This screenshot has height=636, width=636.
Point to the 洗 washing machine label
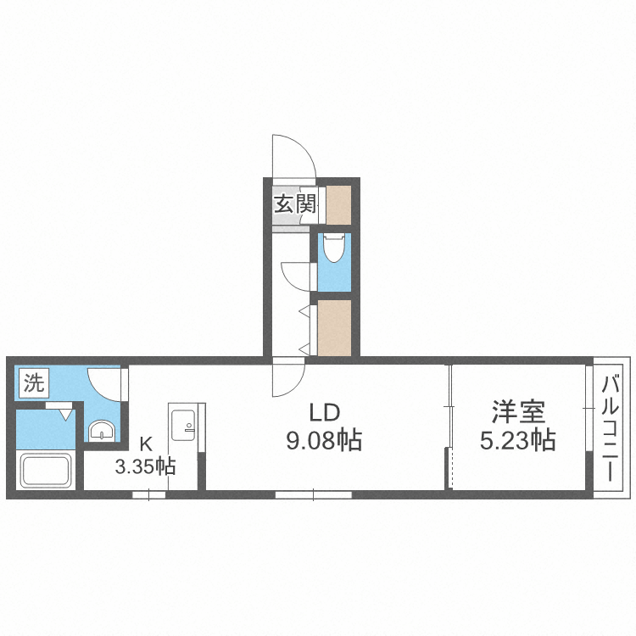[x=32, y=383]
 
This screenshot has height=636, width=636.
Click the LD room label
[x=324, y=414]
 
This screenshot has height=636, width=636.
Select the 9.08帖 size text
[x=324, y=440]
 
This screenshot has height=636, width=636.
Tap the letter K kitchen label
[x=146, y=442]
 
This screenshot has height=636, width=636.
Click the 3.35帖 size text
[x=146, y=466]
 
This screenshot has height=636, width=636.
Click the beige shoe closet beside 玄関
[x=338, y=204]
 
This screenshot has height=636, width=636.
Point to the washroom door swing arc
[x=108, y=382]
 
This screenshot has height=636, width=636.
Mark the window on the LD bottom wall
[x=313, y=494]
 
